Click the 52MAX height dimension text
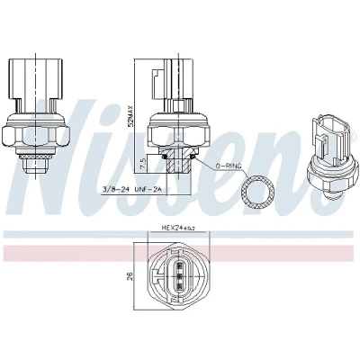click(x=131, y=115)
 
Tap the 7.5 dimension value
click(x=143, y=164)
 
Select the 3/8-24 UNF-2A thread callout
click(x=132, y=189)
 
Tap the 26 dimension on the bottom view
click(x=130, y=276)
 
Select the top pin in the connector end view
click(x=180, y=265)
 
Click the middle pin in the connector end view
click(x=180, y=275)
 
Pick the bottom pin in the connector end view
click(x=180, y=285)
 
